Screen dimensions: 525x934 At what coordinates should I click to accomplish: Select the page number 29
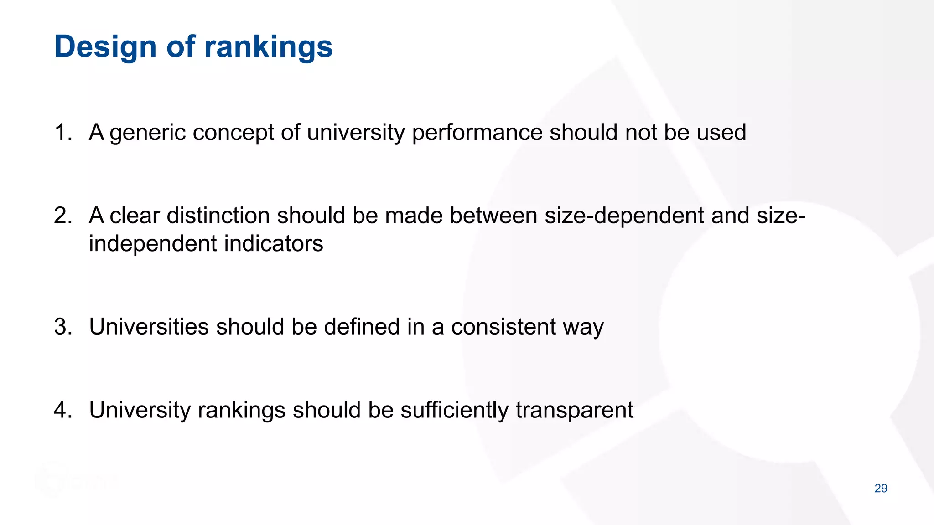[881, 489]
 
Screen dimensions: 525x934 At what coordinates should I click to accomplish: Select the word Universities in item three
[149, 327]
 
